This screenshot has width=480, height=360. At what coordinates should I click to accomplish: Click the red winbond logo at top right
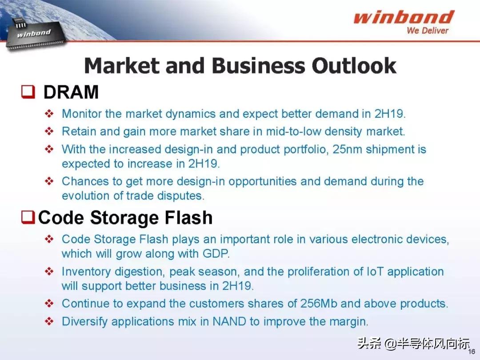(x=404, y=17)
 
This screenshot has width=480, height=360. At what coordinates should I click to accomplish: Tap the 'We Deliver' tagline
(x=428, y=30)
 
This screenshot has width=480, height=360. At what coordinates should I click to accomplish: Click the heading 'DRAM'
(x=71, y=92)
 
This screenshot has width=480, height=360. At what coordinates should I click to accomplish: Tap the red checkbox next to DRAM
(x=28, y=92)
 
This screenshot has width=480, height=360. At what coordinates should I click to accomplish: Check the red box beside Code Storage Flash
(x=28, y=217)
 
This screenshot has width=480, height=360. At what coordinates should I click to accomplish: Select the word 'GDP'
(x=216, y=253)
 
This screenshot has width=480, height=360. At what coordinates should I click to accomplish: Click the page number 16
(x=472, y=352)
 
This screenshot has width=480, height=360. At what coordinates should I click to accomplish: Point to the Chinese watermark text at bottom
(x=414, y=344)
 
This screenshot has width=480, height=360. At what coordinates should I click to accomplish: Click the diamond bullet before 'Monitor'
(x=49, y=114)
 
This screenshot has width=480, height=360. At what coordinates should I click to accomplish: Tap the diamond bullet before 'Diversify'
(x=49, y=321)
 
